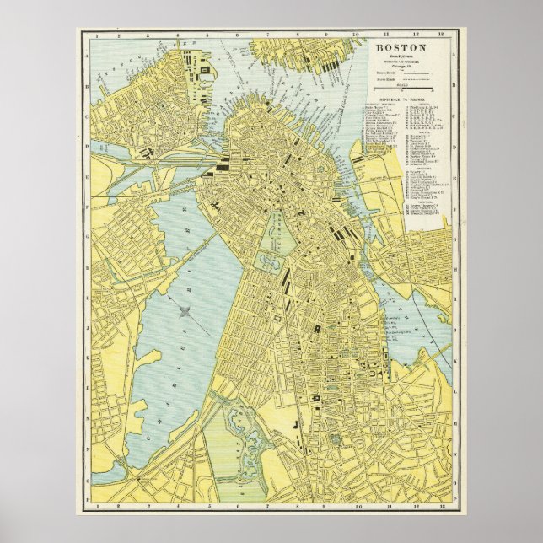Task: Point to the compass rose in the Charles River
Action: coord(185,313)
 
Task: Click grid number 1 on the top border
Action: coord(99,36)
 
